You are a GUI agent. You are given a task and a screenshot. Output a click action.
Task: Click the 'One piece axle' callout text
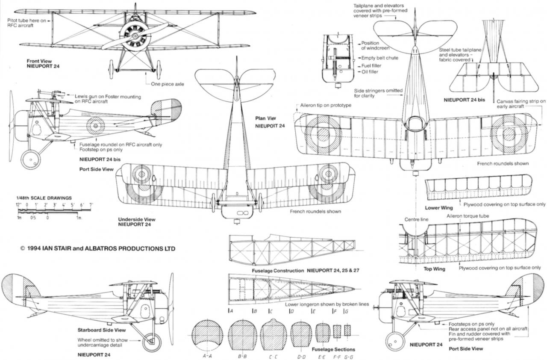[168, 84]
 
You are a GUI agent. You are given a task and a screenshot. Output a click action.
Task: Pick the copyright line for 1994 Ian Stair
[97, 248]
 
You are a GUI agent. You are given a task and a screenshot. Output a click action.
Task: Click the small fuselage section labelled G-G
[347, 330]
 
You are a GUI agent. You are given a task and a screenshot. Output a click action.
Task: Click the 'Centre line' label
[417, 219]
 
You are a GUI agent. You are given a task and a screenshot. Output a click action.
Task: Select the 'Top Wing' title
[434, 269]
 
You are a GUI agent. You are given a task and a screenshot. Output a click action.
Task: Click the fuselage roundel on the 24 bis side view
[95, 125]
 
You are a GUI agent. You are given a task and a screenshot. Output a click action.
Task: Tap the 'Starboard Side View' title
[102, 330]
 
